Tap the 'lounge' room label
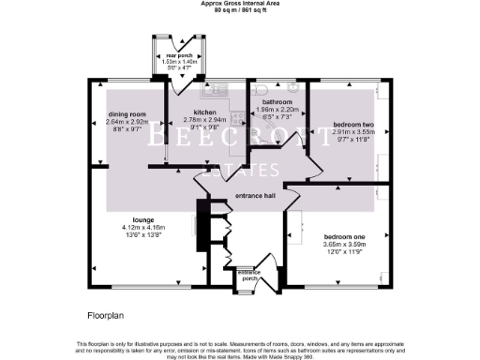(x=142, y=219)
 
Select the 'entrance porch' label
(x=249, y=275)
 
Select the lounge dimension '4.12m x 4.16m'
(x=142, y=228)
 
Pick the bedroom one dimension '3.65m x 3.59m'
(x=344, y=246)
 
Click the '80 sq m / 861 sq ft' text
(x=239, y=11)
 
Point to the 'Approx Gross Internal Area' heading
(x=239, y=4)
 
